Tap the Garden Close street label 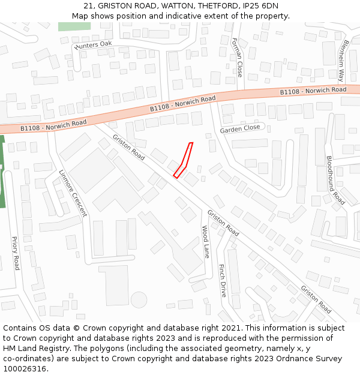tap(240, 128)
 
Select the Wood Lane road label tap(205, 242)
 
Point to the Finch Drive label tap(222, 280)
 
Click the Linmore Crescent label tap(73, 192)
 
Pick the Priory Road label tap(16, 253)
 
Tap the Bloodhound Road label tap(335, 180)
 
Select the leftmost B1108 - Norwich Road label tap(53, 125)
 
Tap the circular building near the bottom tap(139, 299)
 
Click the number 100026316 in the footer tap(25, 368)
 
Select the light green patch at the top tap(74, 26)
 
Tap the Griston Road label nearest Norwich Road tap(128, 147)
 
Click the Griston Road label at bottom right tap(316, 299)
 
